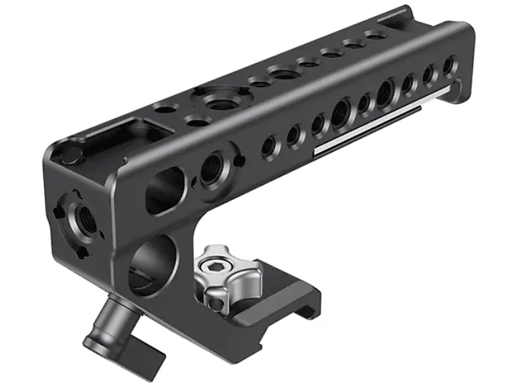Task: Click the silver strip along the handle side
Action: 382,119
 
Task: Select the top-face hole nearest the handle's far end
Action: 375,36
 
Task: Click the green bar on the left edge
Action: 18,193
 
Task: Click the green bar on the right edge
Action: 499,193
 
